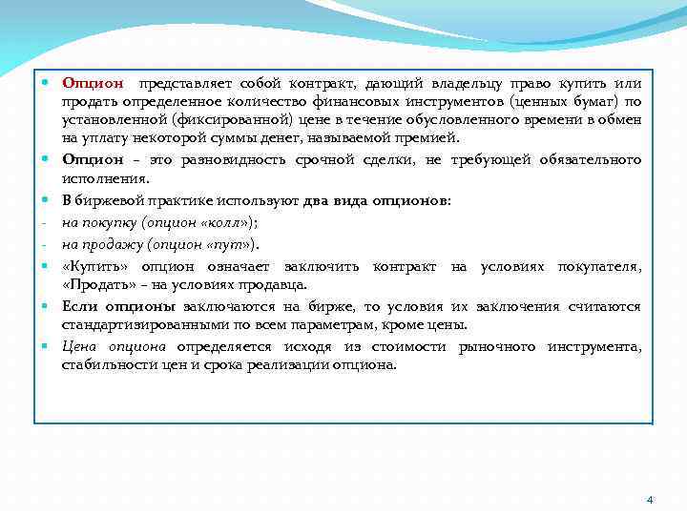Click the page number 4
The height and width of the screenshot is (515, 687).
coord(650,500)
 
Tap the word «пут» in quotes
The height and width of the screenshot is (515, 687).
coord(229,244)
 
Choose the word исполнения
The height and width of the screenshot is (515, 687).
coord(103,177)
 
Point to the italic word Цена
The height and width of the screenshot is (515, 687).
coord(79,346)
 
